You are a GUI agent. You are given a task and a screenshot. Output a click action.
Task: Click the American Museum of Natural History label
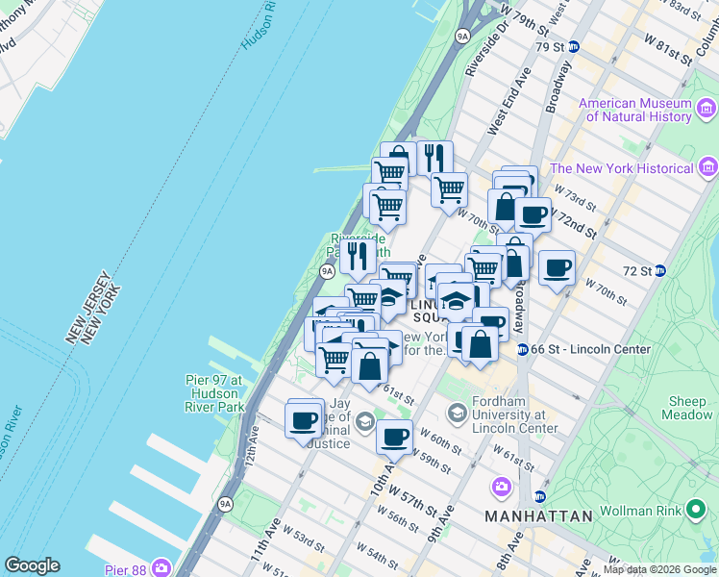coord(635,110)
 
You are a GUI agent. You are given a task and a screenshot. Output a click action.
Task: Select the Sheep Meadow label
coord(688,408)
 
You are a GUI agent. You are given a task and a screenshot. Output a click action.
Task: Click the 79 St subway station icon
coord(573,46)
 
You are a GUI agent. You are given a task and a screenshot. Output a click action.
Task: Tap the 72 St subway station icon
coord(660,270)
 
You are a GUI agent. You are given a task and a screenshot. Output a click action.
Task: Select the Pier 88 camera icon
coord(161,567)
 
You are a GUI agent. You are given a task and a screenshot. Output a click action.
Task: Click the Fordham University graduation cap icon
coord(457,414)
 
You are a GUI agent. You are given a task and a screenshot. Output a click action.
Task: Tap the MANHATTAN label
coord(538,516)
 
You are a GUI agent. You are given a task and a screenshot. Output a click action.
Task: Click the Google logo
coord(32,565)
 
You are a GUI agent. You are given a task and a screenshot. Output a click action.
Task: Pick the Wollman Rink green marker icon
coord(697,510)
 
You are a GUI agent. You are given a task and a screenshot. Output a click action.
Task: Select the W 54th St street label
coord(378,556)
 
